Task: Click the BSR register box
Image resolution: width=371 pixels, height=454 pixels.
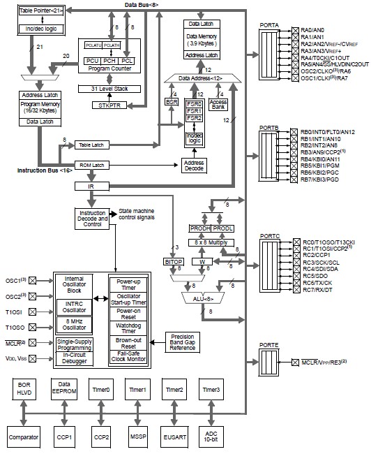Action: (x=172, y=101)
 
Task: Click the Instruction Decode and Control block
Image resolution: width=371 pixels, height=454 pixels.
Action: (x=91, y=218)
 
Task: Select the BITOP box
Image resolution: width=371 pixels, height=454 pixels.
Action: (x=174, y=261)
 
